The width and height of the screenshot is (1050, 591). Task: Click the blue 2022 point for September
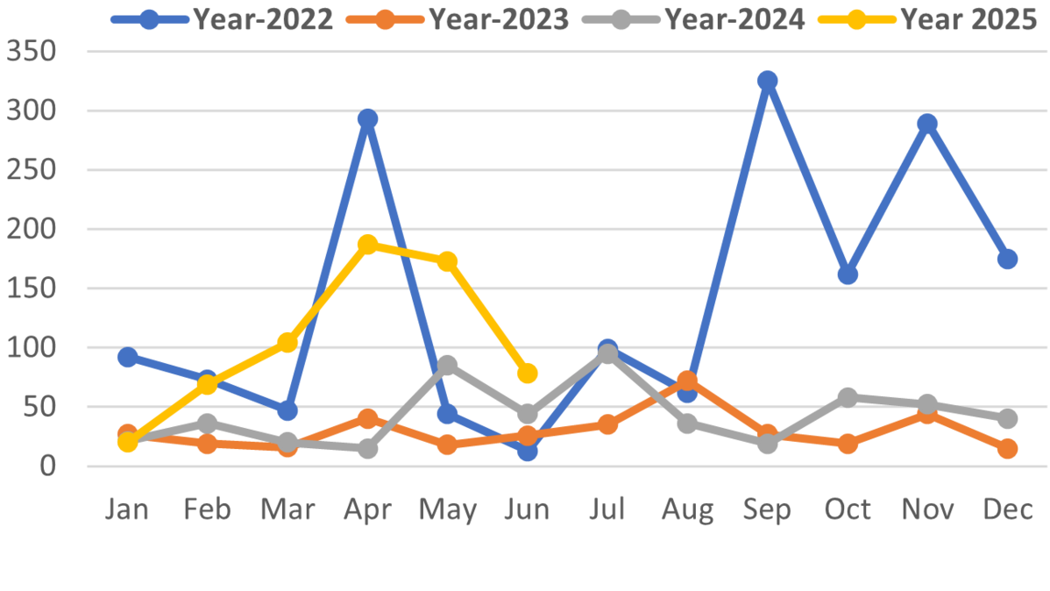[x=768, y=81]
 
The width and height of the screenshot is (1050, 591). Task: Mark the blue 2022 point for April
[x=368, y=118]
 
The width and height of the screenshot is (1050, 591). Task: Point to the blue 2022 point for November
[x=927, y=124]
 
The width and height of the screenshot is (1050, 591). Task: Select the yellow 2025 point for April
[x=368, y=244]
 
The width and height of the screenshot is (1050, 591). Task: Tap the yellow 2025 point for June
[x=528, y=374]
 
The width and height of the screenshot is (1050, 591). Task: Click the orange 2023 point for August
[x=687, y=381]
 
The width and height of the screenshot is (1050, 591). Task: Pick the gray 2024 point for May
[x=448, y=365]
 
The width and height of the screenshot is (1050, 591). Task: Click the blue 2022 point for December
[x=1007, y=259]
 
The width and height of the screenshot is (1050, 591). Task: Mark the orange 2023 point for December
[x=1007, y=449]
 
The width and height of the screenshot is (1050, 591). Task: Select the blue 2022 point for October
[x=848, y=274]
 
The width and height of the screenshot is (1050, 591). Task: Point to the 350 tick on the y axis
[x=32, y=52]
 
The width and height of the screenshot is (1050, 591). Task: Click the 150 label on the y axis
[x=32, y=288]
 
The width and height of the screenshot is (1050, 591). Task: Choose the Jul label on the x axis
[x=607, y=509]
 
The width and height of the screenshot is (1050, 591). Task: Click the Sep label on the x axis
[x=768, y=509]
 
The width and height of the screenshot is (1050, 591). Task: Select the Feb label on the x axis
[x=207, y=509]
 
